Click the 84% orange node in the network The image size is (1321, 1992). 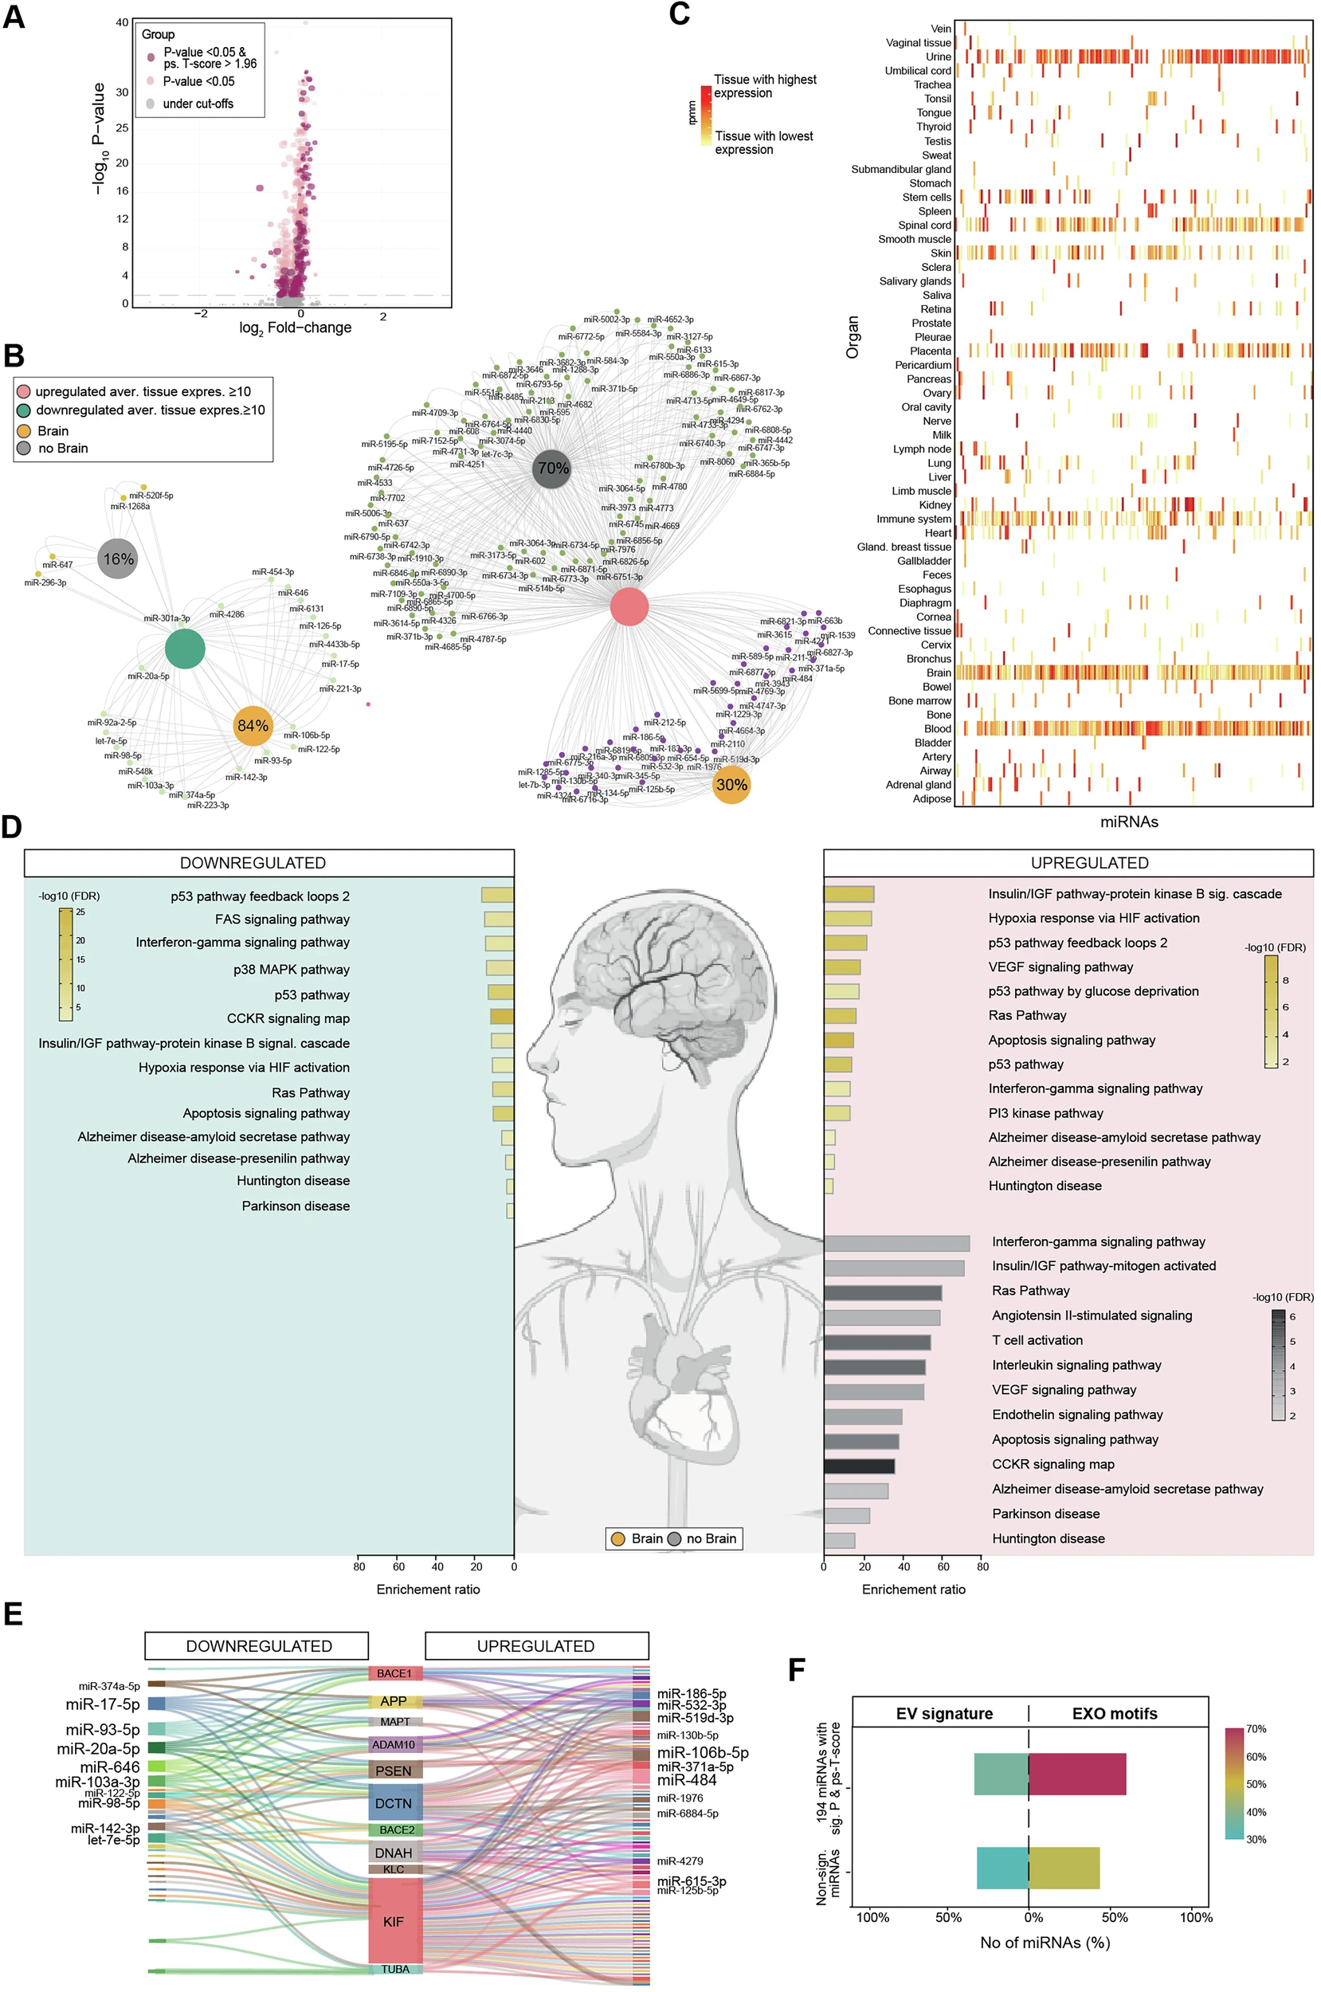pyautogui.click(x=253, y=725)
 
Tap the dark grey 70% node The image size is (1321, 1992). pyautogui.click(x=553, y=469)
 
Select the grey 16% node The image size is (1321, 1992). pyautogui.click(x=118, y=559)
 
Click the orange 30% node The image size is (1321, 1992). pyautogui.click(x=731, y=784)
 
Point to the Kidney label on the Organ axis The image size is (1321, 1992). pyautogui.click(x=935, y=504)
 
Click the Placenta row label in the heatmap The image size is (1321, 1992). pyautogui.click(x=930, y=351)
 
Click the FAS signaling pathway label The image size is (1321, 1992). pyautogui.click(x=281, y=919)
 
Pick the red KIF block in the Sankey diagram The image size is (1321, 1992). pyautogui.click(x=394, y=1921)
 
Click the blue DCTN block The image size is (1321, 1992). pyautogui.click(x=394, y=1803)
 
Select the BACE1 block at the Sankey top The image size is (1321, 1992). pyautogui.click(x=394, y=1673)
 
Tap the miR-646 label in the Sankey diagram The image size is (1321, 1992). pyautogui.click(x=109, y=1767)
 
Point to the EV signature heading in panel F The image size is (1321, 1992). pyautogui.click(x=943, y=1714)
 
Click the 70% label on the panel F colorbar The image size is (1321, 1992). pyautogui.click(x=1256, y=1729)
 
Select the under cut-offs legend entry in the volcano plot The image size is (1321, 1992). pyautogui.click(x=198, y=104)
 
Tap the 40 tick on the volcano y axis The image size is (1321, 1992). pyautogui.click(x=122, y=23)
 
